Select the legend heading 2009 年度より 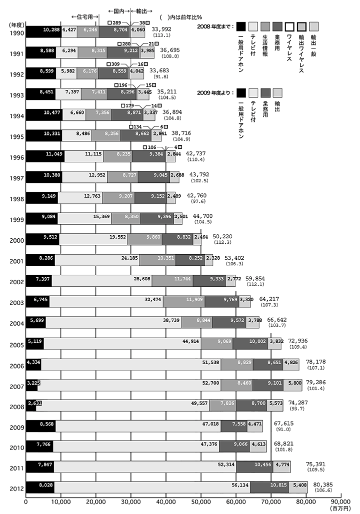click(x=213, y=93)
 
